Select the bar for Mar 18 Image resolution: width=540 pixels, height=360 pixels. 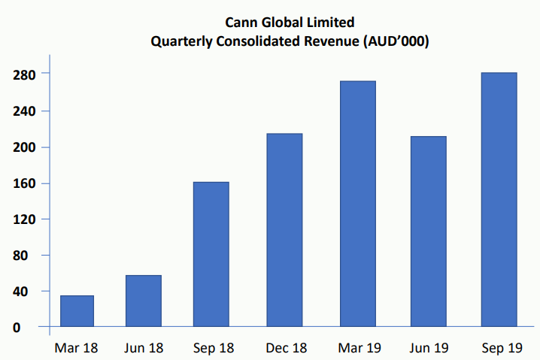(77, 311)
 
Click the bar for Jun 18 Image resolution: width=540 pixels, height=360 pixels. (143, 301)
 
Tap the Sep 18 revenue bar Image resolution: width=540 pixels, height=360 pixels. (211, 254)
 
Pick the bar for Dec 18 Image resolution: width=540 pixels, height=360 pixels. (285, 230)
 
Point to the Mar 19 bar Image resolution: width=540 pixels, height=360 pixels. (358, 204)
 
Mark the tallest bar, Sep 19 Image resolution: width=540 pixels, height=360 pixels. (499, 199)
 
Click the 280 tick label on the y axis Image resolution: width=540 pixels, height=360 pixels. (25, 74)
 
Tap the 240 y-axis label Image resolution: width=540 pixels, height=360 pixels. (25, 111)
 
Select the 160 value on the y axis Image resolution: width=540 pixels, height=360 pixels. (25, 183)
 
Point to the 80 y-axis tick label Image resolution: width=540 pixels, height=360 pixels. (29, 256)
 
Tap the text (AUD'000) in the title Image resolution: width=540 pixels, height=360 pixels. (396, 42)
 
